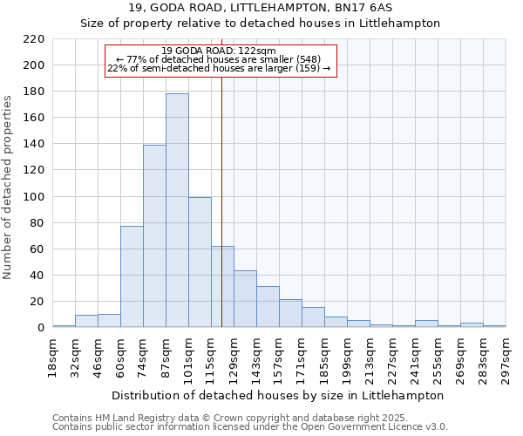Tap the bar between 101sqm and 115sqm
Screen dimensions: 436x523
[x=200, y=262]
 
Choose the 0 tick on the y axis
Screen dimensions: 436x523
[x=40, y=328]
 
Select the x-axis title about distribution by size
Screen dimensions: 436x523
[x=278, y=395]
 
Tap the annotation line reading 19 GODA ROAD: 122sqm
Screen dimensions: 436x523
[x=219, y=51]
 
